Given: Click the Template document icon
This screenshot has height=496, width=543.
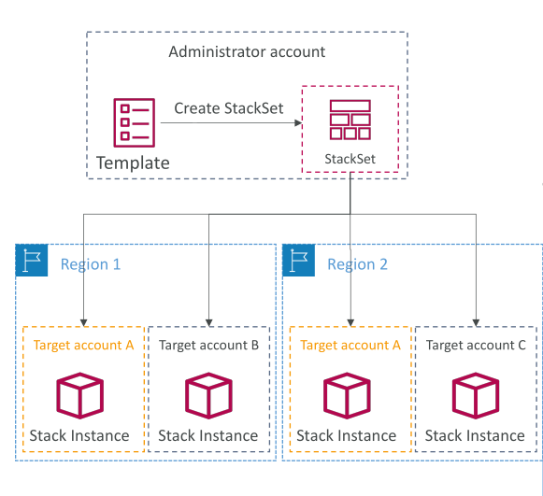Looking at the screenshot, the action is (x=135, y=123).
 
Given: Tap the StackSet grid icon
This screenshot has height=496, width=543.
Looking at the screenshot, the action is (x=350, y=120).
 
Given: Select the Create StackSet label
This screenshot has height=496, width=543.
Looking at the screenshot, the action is (x=229, y=108).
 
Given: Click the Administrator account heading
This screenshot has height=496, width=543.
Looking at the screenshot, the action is (x=247, y=52).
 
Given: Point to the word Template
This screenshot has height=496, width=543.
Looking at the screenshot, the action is (x=133, y=163).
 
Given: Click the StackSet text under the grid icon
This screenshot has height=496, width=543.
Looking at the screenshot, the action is (x=350, y=159).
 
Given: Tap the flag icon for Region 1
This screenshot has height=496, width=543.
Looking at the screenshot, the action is (x=32, y=261).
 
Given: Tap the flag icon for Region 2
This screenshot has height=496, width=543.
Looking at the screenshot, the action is (x=298, y=261).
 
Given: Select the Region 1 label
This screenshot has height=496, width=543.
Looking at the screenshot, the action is (x=91, y=264).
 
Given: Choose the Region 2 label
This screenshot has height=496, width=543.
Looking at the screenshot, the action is (x=358, y=264).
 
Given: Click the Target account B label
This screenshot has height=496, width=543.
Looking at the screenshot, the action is (x=208, y=345).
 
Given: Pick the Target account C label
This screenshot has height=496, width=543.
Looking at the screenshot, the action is (x=476, y=345).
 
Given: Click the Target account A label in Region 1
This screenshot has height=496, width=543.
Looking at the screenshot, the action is (x=83, y=345).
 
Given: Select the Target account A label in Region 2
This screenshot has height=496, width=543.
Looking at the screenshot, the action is (x=350, y=345).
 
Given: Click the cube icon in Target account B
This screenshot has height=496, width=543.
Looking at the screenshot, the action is (x=208, y=396).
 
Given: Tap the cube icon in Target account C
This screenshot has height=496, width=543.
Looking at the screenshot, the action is (x=476, y=396).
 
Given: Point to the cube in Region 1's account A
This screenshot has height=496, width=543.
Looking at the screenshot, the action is (x=80, y=396).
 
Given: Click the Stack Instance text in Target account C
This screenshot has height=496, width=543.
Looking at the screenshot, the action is (x=475, y=435).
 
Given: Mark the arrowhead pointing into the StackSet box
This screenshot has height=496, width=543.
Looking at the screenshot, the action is (x=298, y=123).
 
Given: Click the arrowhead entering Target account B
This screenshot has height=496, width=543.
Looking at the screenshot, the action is (x=208, y=322).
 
